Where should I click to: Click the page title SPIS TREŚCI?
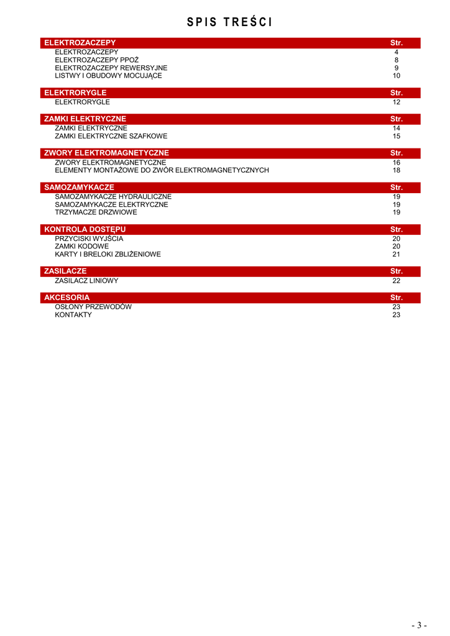tap(229, 23)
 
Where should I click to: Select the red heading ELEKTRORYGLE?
tap(75, 93)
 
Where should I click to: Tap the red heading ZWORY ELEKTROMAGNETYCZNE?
tap(106, 153)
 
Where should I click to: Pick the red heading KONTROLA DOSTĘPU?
tap(85, 230)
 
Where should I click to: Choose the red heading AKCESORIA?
tap(67, 298)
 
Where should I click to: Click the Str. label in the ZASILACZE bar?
tap(396, 271)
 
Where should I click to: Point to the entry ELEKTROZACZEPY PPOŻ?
tap(96, 60)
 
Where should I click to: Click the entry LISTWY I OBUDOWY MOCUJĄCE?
tap(108, 76)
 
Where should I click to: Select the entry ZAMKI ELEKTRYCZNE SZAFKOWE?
tap(111, 136)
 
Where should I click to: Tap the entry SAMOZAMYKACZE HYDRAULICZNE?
tap(113, 196)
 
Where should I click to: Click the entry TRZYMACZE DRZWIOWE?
tap(96, 212)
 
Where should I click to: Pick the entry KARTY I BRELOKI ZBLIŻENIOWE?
tap(108, 255)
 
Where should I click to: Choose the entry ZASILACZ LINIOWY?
tap(86, 281)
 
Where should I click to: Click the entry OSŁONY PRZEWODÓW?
tap(93, 307)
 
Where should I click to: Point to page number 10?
tap(396, 76)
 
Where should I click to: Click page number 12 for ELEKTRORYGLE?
tap(396, 102)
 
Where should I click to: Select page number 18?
tap(396, 170)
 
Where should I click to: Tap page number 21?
tap(396, 255)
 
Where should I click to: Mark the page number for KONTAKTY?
tap(396, 315)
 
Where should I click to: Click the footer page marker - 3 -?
tap(419, 625)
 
